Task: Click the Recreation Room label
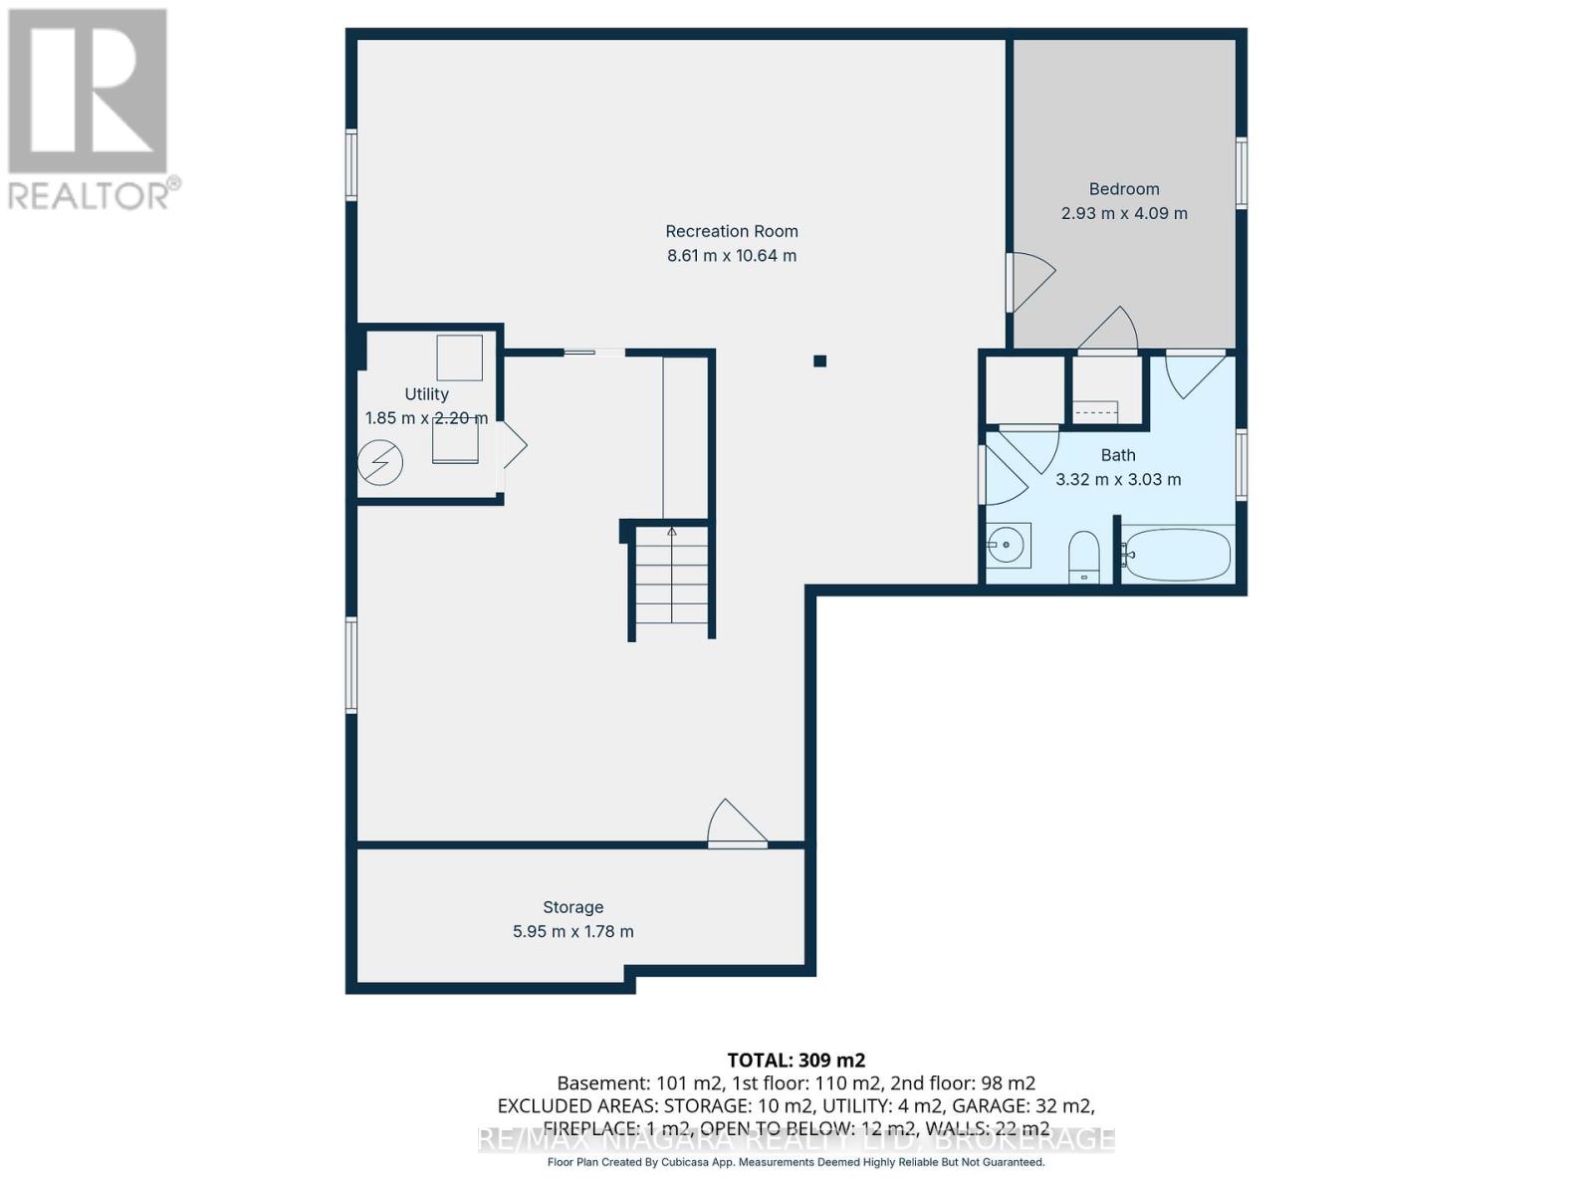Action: click(x=732, y=231)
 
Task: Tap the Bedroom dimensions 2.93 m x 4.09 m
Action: click(x=1124, y=213)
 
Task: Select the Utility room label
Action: click(x=426, y=393)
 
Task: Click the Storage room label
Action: click(x=572, y=907)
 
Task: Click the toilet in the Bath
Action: click(x=1083, y=557)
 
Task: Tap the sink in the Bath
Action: click(x=1007, y=545)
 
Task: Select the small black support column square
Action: click(x=819, y=361)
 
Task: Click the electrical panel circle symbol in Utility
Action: click(x=380, y=463)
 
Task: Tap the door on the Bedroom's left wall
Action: click(x=1028, y=282)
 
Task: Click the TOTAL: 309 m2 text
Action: click(x=796, y=1061)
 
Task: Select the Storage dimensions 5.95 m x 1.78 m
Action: click(x=572, y=932)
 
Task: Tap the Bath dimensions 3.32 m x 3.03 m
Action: click(x=1118, y=480)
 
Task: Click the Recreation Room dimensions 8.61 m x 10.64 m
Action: click(x=732, y=256)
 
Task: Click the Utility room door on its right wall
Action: click(x=512, y=445)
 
